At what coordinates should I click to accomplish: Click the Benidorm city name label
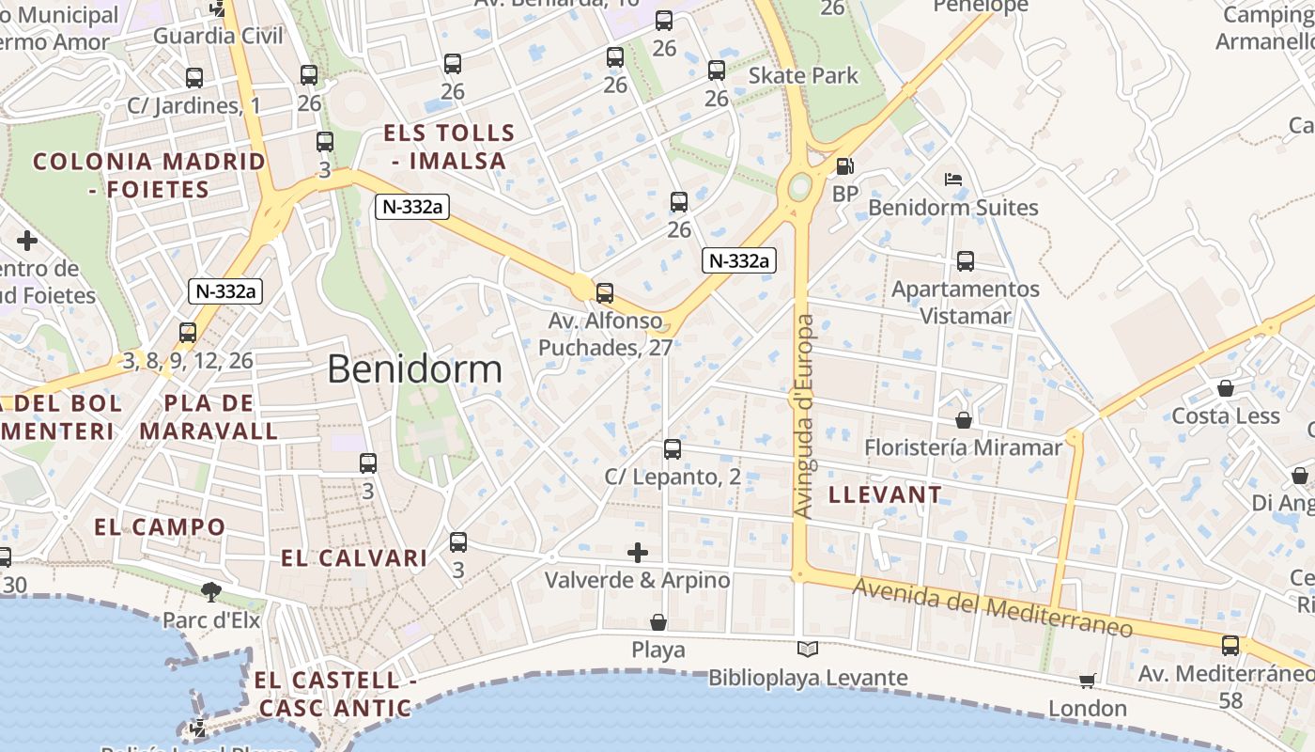pyautogui.click(x=414, y=369)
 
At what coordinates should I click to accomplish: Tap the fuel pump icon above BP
pyautogui.click(x=844, y=166)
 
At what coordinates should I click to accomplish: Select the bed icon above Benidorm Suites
pyautogui.click(x=953, y=179)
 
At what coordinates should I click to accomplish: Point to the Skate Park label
pyautogui.click(x=804, y=75)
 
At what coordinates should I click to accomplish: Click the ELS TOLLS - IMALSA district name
pyautogui.click(x=449, y=147)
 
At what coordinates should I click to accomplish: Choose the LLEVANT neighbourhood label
pyautogui.click(x=885, y=494)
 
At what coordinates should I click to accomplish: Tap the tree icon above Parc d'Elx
pyautogui.click(x=211, y=591)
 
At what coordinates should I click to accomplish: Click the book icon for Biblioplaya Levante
pyautogui.click(x=808, y=649)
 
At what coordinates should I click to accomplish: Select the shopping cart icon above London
pyautogui.click(x=1087, y=680)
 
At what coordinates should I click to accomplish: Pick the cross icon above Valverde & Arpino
pyautogui.click(x=638, y=552)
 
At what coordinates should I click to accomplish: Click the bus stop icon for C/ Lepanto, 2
pyautogui.click(x=673, y=449)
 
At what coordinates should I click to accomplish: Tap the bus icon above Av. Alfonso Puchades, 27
pyautogui.click(x=605, y=292)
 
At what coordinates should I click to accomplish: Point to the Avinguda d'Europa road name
pyautogui.click(x=804, y=415)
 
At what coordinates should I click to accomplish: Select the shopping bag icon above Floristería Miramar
pyautogui.click(x=963, y=419)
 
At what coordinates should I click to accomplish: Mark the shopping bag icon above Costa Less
pyautogui.click(x=1226, y=387)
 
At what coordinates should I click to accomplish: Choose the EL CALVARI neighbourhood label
pyautogui.click(x=354, y=558)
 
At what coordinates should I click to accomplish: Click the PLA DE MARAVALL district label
pyautogui.click(x=209, y=417)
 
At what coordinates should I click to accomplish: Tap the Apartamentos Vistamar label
pyautogui.click(x=966, y=302)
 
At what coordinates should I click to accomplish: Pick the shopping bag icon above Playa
pyautogui.click(x=658, y=622)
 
